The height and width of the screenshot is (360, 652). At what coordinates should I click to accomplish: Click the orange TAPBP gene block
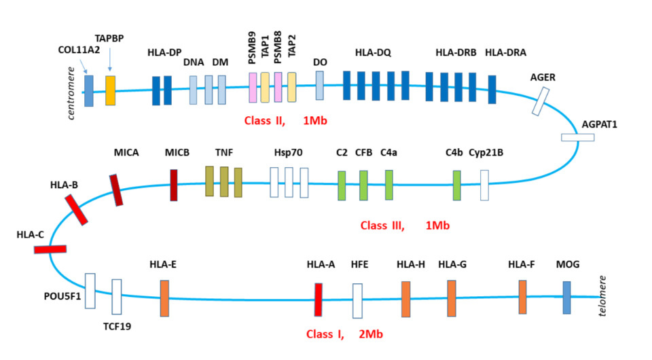pyautogui.click(x=110, y=90)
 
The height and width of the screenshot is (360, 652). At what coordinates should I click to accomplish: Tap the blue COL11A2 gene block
pyautogui.click(x=88, y=91)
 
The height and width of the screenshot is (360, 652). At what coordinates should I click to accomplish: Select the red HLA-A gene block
pyautogui.click(x=318, y=300)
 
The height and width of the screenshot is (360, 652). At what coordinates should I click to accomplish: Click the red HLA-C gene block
pyautogui.click(x=50, y=249)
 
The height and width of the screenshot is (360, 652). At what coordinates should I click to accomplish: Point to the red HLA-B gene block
pyautogui.click(x=76, y=209)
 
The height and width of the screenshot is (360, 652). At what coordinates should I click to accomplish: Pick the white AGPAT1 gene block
pyautogui.click(x=577, y=138)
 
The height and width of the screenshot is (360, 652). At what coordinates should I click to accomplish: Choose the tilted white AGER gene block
pyautogui.click(x=541, y=102)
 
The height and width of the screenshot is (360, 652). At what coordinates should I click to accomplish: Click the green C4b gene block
pyautogui.click(x=457, y=185)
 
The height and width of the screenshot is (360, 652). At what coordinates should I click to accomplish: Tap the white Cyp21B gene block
pyautogui.click(x=484, y=185)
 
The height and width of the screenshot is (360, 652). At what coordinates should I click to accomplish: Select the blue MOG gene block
pyautogui.click(x=566, y=298)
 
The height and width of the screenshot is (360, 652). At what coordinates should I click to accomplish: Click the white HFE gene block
pyautogui.click(x=357, y=300)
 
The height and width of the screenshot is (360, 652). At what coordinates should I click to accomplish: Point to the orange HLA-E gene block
pyautogui.click(x=164, y=298)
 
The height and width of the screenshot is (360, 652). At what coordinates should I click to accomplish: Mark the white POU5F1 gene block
pyautogui.click(x=90, y=291)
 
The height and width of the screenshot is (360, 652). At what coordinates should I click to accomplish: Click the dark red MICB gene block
pyautogui.click(x=174, y=185)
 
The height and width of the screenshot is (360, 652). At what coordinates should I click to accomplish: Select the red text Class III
pyautogui.click(x=382, y=225)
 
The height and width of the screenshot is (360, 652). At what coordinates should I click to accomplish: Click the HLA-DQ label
pyautogui.click(x=373, y=52)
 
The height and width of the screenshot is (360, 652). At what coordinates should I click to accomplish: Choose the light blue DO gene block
pyautogui.click(x=320, y=86)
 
